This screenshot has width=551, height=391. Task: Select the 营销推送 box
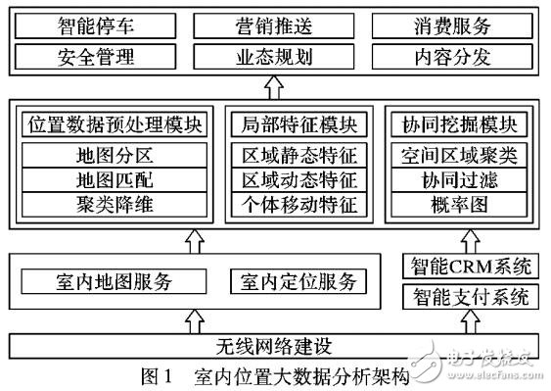(277, 24)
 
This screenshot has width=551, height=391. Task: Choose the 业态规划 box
(277, 56)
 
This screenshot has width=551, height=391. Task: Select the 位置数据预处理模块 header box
(113, 125)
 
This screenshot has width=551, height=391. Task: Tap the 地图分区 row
(113, 154)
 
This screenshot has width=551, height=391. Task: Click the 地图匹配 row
(113, 179)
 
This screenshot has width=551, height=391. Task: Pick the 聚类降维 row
(113, 205)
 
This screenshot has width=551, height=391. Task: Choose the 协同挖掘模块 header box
(465, 125)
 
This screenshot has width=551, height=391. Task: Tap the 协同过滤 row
(465, 179)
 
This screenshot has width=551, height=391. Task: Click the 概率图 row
(465, 205)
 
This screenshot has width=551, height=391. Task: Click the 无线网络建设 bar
(275, 347)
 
